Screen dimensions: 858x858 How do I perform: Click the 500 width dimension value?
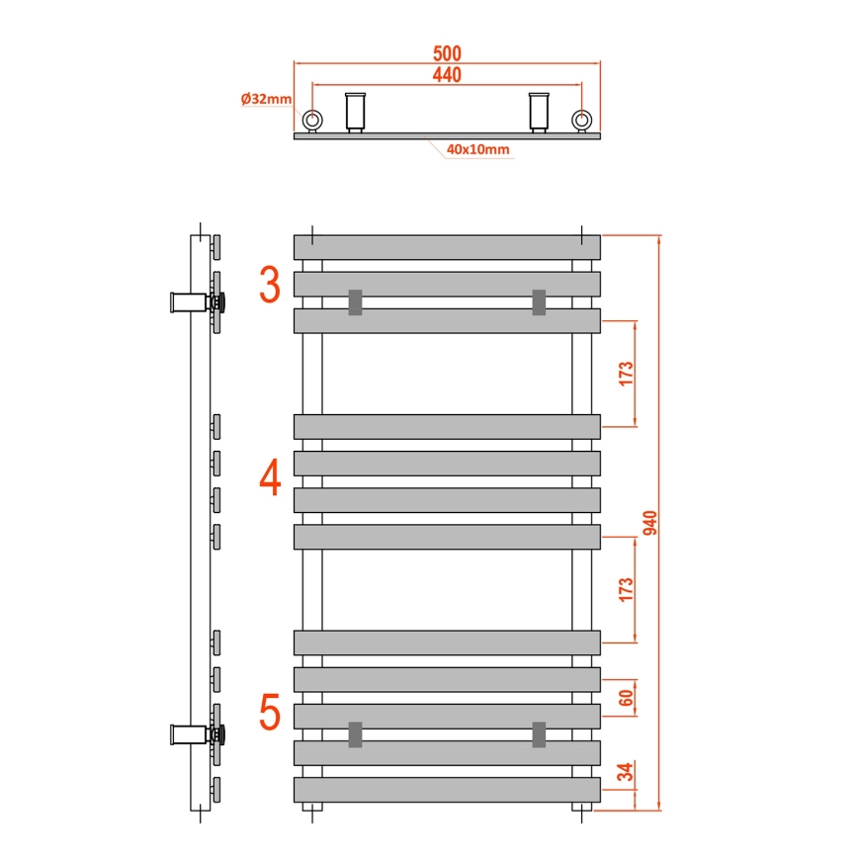(447, 52)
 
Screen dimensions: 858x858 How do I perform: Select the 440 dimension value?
(447, 74)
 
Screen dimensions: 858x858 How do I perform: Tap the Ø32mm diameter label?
(266, 99)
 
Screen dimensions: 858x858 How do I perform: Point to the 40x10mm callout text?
(477, 149)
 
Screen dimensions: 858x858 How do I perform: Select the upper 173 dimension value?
(626, 374)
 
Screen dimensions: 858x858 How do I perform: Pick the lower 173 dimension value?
(626, 589)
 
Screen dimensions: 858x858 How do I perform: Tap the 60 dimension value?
(626, 697)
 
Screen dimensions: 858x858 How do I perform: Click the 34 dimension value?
(626, 771)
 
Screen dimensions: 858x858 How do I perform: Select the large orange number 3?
(269, 286)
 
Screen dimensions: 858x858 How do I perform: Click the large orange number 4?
(270, 478)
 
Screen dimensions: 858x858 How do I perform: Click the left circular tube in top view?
(312, 121)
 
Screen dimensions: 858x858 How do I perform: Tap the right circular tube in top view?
(582, 121)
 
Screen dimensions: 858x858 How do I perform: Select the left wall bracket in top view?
(355, 111)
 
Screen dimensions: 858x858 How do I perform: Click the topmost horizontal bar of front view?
(447, 247)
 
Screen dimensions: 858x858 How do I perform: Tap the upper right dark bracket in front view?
(539, 301)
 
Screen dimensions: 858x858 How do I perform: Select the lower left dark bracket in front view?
(355, 734)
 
